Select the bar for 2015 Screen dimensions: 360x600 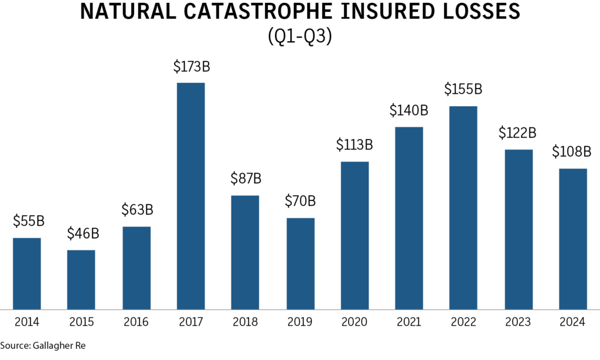(x=81, y=279)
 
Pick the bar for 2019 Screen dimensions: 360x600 (x=300, y=263)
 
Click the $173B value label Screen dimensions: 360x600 (x=191, y=67)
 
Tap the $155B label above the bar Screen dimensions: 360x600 (x=463, y=90)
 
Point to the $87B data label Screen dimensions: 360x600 (x=246, y=178)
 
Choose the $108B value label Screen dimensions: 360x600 (x=572, y=152)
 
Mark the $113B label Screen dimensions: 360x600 (x=354, y=145)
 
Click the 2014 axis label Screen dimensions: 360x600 (x=26, y=322)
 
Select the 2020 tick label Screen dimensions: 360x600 (x=354, y=322)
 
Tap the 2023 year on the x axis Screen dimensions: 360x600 (x=518, y=322)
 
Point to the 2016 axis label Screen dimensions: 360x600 (x=136, y=322)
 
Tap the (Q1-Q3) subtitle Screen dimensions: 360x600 (x=299, y=37)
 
